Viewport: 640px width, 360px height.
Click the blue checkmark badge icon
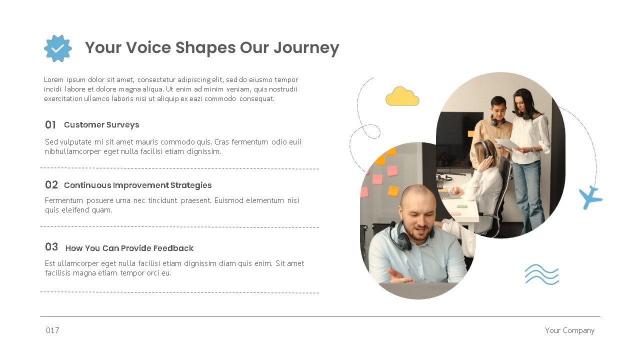pos(58,48)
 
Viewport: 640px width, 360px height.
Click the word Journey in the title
pos(306,47)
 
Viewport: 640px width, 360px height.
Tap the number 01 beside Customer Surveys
pos(50,124)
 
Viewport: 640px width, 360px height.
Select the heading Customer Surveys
pos(101,124)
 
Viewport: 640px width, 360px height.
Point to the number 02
pos(51,184)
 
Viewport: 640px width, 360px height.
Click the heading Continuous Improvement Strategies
pos(137,185)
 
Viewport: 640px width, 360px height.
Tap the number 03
pos(51,246)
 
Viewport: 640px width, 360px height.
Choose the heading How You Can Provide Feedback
pos(129,248)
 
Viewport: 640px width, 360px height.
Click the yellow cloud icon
pos(402,96)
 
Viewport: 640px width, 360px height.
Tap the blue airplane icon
pos(590,197)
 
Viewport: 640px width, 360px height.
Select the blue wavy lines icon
pos(541,274)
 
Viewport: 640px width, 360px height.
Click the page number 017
pos(52,330)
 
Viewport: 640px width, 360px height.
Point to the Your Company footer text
pos(569,330)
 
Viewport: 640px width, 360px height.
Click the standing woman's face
pos(520,104)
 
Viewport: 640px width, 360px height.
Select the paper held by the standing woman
pos(507,143)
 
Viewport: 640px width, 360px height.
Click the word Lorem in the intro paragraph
pos(54,79)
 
